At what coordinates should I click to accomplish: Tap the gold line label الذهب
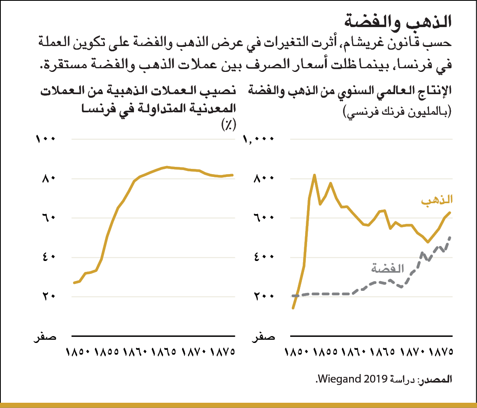pos(437,200)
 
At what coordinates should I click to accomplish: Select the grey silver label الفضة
pos(387,268)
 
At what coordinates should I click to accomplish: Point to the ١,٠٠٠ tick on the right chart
pos(259,139)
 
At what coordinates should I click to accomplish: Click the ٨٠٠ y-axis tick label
pos(264,179)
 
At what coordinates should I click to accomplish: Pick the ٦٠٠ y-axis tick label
pos(264,218)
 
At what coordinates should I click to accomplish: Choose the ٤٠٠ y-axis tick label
pos(264,257)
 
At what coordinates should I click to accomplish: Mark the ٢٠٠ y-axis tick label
pos(264,296)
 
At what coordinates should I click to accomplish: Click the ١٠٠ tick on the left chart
pos(45,139)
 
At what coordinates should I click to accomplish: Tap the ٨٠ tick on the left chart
pos(48,179)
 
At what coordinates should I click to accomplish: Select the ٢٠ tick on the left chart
pos(48,296)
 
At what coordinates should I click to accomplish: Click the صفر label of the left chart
pos(45,336)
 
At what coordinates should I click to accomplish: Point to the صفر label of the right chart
pos(264,336)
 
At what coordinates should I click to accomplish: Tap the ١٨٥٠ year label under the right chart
pos(297,352)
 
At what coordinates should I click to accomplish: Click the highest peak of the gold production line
pos(314,175)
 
